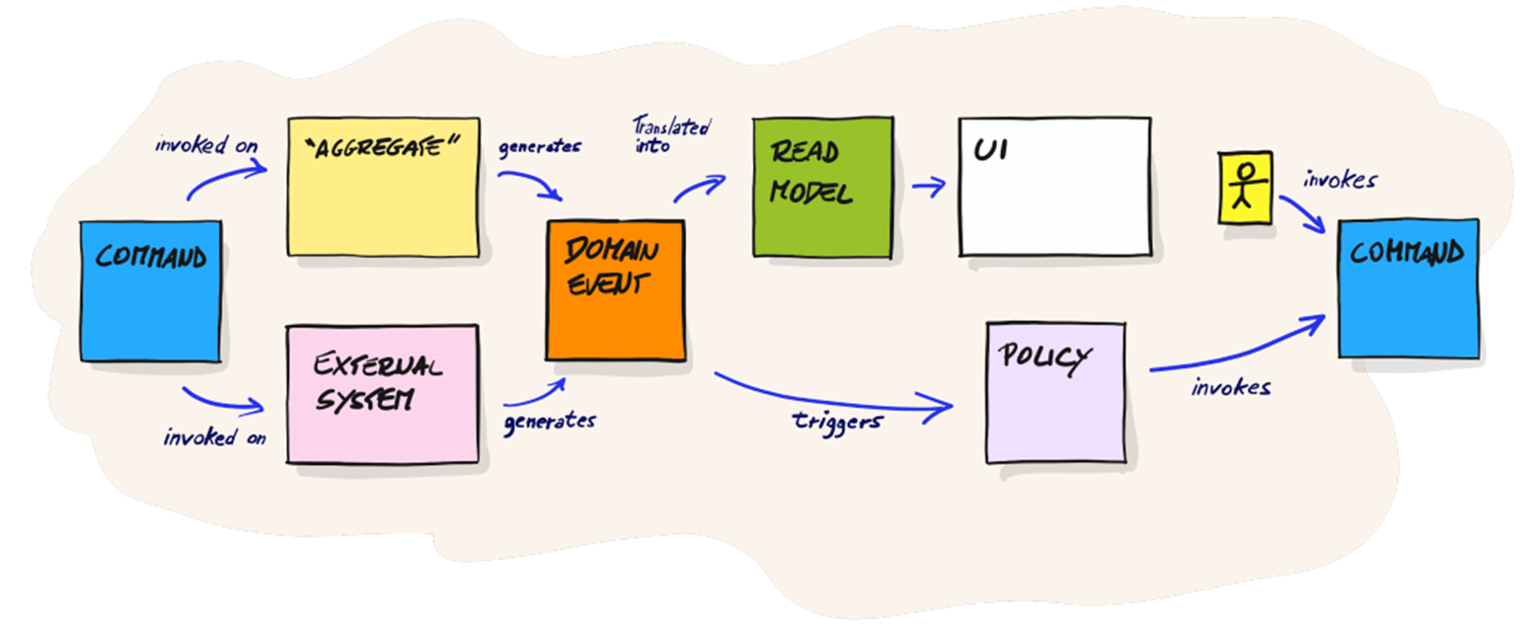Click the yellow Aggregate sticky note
click(384, 187)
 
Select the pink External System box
click(382, 394)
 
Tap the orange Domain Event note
click(616, 290)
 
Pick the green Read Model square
click(823, 188)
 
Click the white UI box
click(1054, 187)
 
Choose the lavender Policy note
click(1056, 393)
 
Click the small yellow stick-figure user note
click(1246, 188)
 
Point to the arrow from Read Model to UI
click(929, 186)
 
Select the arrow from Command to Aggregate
click(222, 174)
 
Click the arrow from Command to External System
click(220, 405)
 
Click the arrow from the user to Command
click(1303, 212)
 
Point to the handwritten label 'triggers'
click(838, 422)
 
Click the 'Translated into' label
click(671, 134)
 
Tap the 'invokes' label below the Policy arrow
click(1231, 388)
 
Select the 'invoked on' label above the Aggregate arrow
click(206, 144)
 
